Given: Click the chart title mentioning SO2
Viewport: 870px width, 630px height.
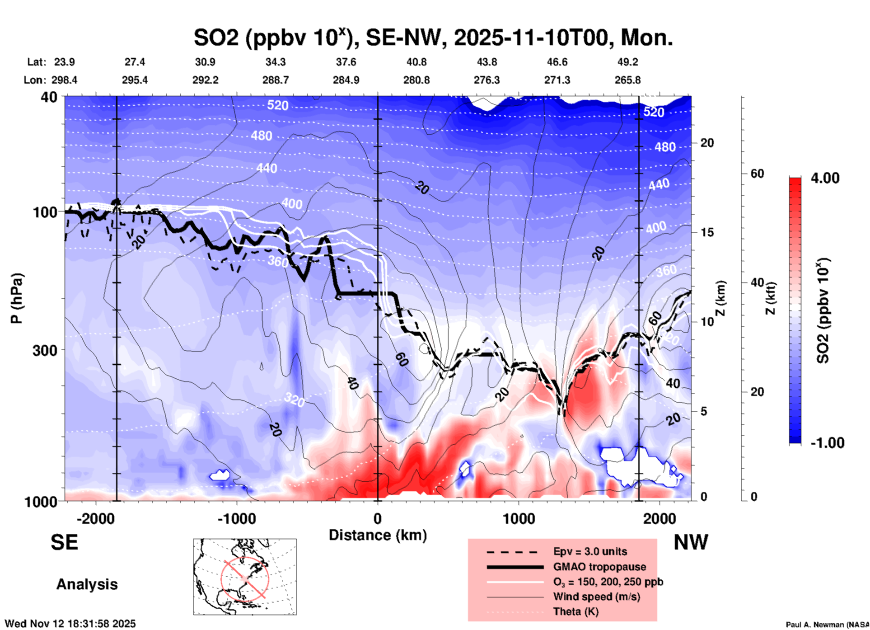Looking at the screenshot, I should tap(433, 38).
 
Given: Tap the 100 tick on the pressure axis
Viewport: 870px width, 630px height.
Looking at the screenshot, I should tap(45, 212).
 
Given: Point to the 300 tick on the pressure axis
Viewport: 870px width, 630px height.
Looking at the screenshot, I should tap(45, 350).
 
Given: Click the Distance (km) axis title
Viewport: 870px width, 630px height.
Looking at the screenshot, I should tap(378, 535).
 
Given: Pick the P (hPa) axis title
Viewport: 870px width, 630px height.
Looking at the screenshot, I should tap(17, 298).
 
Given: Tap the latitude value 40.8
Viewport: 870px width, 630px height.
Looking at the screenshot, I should tap(416, 62).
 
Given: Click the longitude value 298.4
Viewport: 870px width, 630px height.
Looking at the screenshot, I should tap(64, 80).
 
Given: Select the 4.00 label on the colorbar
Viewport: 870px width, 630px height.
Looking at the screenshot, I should tap(825, 178).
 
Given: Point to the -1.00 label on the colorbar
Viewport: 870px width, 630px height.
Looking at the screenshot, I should tap(827, 442).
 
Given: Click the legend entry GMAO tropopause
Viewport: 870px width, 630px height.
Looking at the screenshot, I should tap(599, 567).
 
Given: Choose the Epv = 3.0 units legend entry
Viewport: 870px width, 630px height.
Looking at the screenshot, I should tap(590, 551).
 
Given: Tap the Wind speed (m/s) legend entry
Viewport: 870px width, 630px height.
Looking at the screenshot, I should tap(596, 597).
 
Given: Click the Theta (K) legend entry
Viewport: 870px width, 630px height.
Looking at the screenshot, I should tap(575, 611).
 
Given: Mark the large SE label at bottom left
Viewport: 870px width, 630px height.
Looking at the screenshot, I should tap(64, 542).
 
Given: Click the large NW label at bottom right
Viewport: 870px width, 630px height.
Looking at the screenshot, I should tap(691, 542).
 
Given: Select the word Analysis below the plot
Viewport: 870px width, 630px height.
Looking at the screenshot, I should tap(87, 584).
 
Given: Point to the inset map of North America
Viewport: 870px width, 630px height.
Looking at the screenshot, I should tap(245, 577).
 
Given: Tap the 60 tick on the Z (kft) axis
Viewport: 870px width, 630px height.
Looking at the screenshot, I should tap(758, 174).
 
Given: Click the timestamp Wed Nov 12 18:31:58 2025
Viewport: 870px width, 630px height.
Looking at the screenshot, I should tap(70, 624).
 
